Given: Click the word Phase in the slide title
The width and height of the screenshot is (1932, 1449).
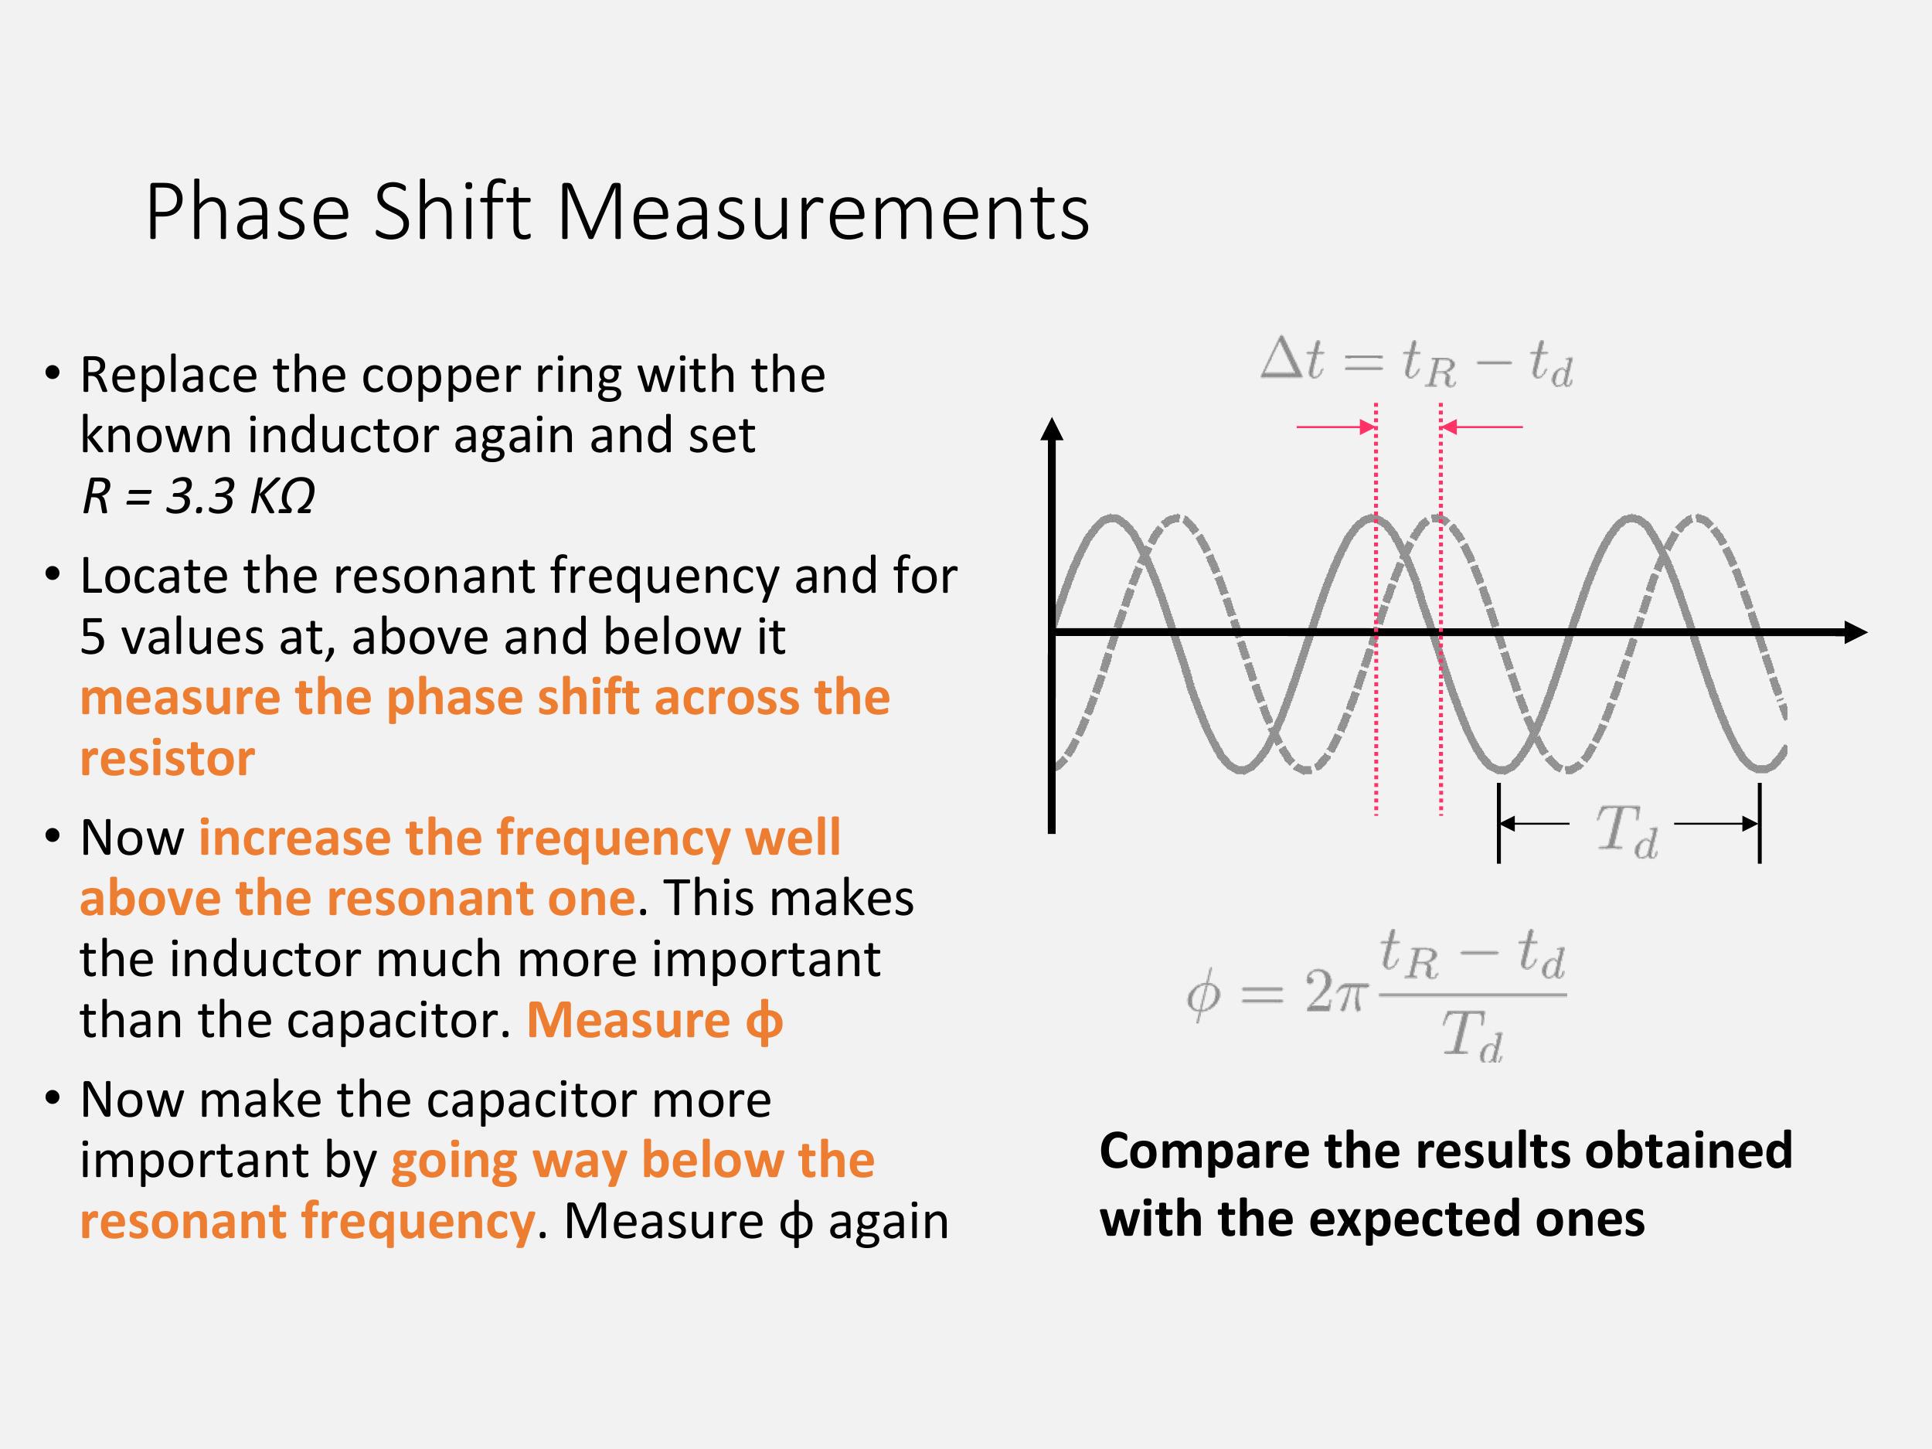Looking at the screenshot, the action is click(x=247, y=213).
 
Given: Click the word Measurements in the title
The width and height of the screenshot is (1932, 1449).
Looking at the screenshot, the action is click(x=823, y=213).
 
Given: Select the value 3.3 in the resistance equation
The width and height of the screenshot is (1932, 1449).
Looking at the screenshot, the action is click(x=201, y=496).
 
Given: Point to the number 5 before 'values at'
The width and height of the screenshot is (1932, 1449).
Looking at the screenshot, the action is click(x=93, y=637).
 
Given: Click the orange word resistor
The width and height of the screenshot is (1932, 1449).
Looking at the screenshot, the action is click(x=168, y=758).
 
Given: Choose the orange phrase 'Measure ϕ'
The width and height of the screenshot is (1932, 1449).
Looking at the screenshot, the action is click(x=655, y=1020).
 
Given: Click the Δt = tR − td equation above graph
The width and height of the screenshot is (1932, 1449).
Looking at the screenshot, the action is click(x=1416, y=362).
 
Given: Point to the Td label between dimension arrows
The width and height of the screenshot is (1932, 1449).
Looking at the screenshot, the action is click(x=1628, y=832).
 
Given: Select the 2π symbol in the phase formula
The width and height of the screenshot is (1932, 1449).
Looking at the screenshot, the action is click(x=1335, y=993).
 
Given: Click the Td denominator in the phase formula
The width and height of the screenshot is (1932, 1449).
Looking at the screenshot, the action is click(x=1473, y=1037).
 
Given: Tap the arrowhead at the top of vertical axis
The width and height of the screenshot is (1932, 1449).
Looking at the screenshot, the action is click(x=1053, y=428).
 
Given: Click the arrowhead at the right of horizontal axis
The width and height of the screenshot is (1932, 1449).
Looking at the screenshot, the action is click(x=1855, y=632).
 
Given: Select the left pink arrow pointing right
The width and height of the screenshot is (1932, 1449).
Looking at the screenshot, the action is click(x=1336, y=427).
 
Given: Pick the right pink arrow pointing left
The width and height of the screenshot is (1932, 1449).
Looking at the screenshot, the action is click(x=1481, y=427).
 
